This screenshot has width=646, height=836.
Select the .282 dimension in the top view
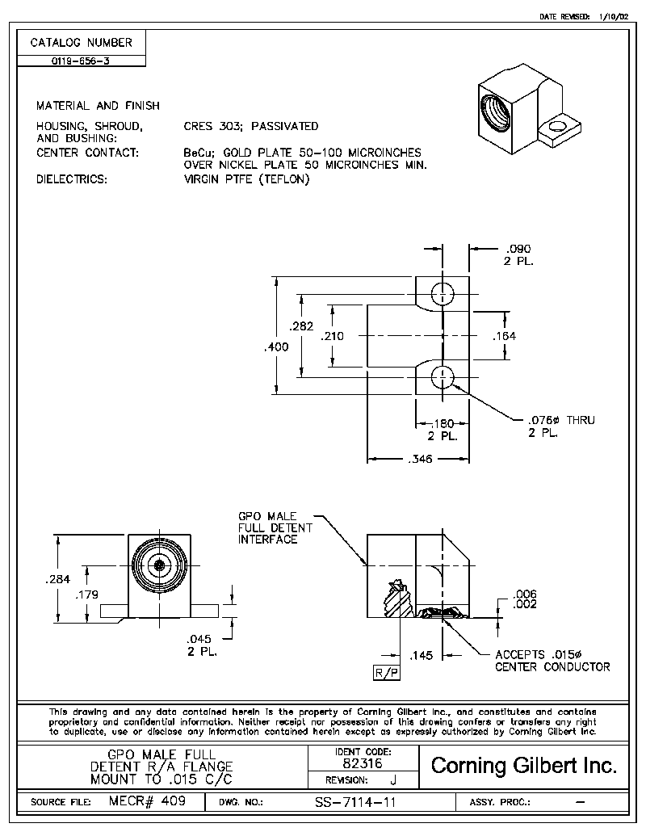[301, 327]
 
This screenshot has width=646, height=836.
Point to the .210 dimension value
[332, 336]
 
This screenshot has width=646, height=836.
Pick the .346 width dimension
[417, 459]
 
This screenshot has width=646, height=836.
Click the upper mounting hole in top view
[443, 294]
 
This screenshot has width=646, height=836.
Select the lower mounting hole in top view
[443, 376]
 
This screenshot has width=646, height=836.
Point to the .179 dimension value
[86, 594]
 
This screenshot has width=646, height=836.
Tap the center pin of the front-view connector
[160, 565]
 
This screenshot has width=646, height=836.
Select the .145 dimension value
[422, 655]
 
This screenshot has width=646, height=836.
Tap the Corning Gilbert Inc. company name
[524, 766]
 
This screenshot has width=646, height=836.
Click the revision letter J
[392, 780]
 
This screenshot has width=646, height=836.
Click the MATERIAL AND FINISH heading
[98, 106]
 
